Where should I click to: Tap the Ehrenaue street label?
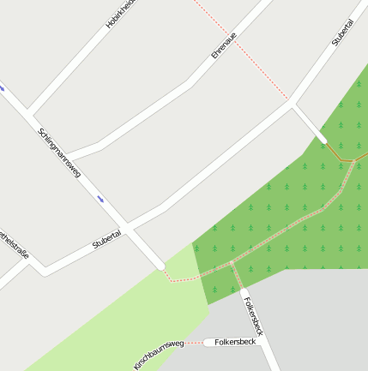click(x=223, y=44)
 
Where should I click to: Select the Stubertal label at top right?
click(x=343, y=31)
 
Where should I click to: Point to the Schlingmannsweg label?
click(x=59, y=153)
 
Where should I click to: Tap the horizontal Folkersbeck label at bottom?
click(x=235, y=342)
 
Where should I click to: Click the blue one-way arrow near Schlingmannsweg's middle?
click(x=100, y=200)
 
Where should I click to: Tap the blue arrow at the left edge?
click(x=2, y=87)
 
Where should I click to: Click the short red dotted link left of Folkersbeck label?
click(x=195, y=343)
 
